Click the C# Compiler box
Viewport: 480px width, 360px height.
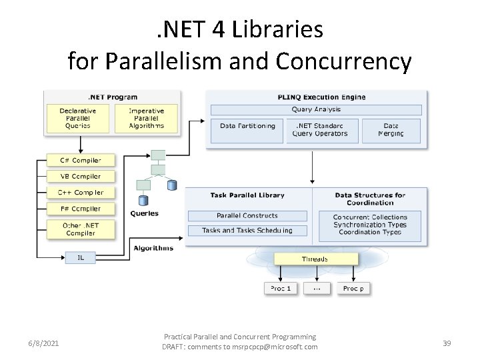click(x=80, y=160)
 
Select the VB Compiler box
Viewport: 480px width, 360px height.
click(x=80, y=177)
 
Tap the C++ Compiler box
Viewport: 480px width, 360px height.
click(x=80, y=193)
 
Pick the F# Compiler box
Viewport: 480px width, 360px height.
click(x=80, y=209)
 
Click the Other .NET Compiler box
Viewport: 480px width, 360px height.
click(x=80, y=229)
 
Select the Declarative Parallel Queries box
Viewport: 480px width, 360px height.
click(x=78, y=118)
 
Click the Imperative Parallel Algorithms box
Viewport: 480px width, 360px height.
click(x=146, y=118)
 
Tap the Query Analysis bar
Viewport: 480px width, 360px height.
click(x=316, y=109)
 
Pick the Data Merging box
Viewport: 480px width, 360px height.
click(x=391, y=130)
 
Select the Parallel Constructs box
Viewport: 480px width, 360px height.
click(x=247, y=216)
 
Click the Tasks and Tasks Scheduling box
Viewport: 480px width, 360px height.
click(x=247, y=231)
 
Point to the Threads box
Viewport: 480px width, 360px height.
click(x=315, y=259)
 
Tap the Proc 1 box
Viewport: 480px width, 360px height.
click(x=280, y=289)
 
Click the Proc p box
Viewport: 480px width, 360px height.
click(x=353, y=289)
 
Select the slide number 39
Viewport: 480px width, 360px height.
click(x=447, y=343)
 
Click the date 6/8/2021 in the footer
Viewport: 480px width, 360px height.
click(x=43, y=343)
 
